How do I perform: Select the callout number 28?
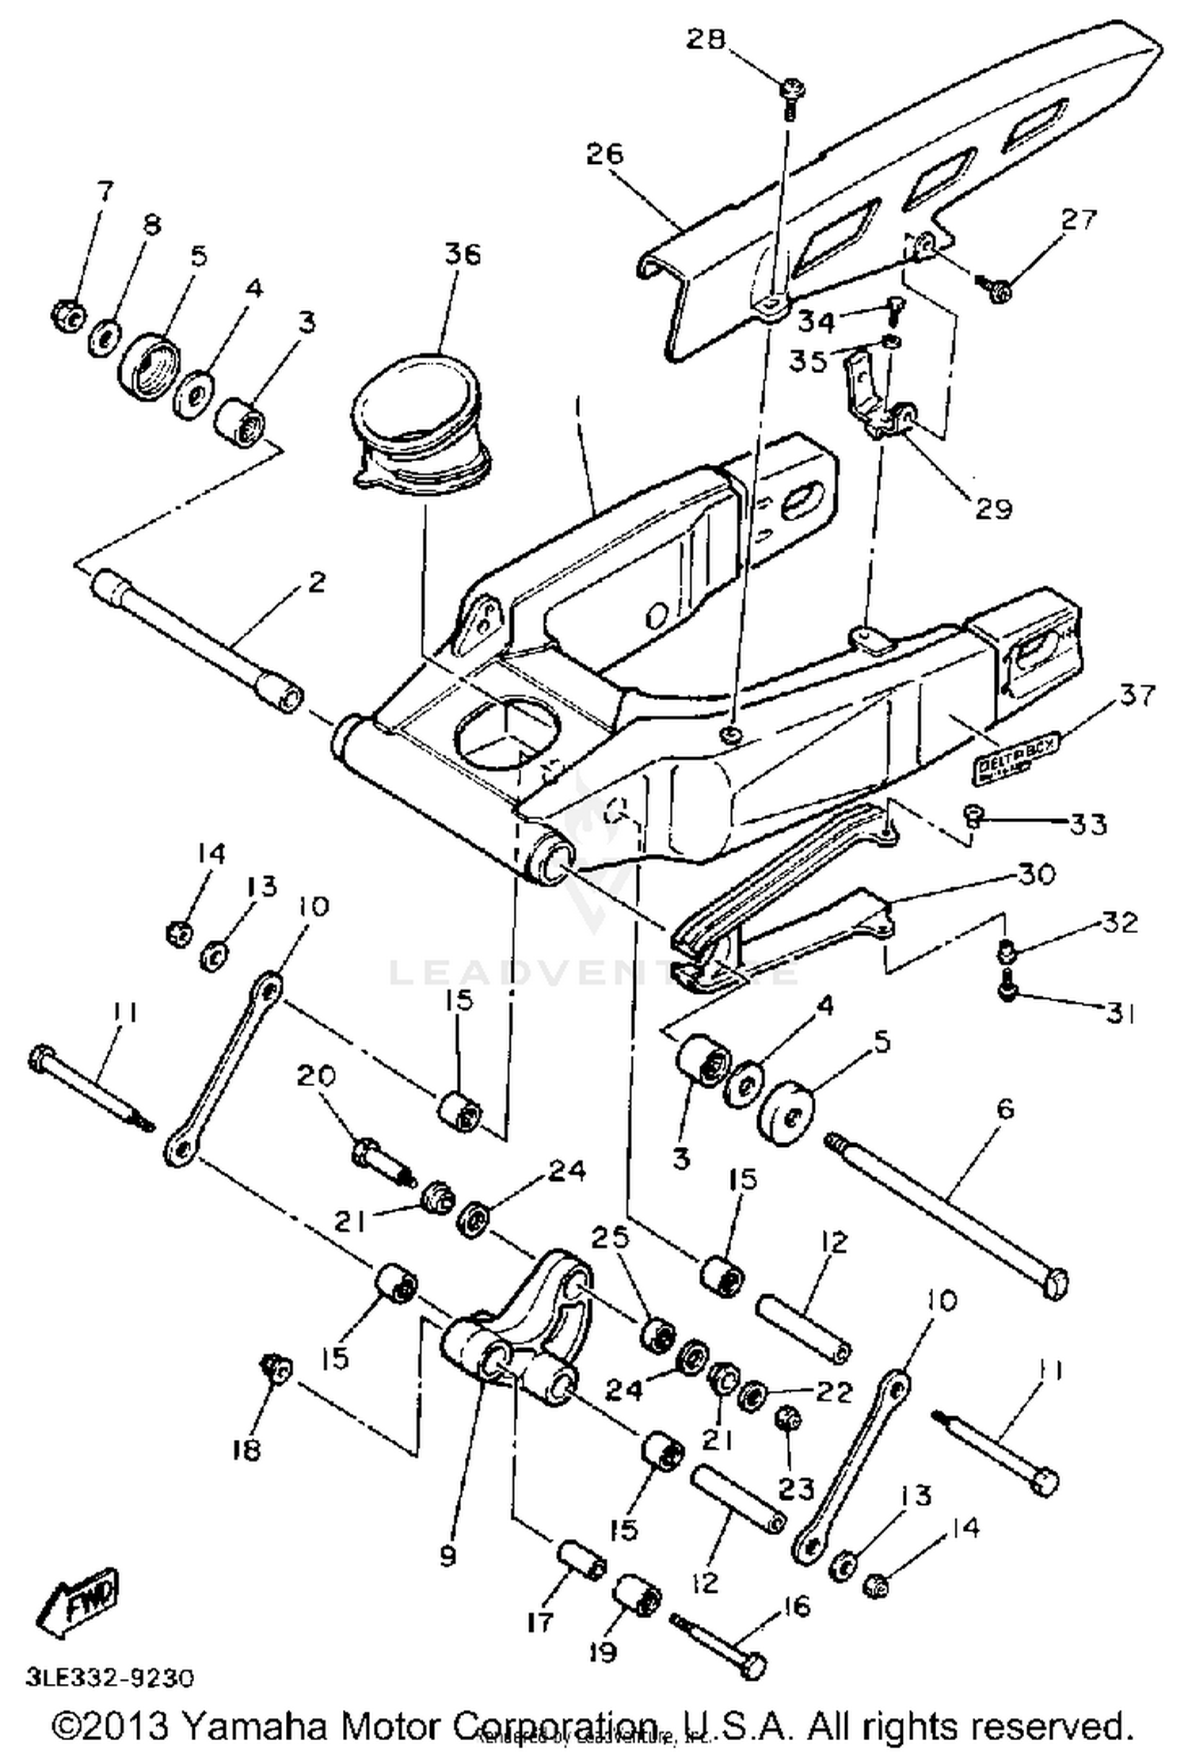[705, 39]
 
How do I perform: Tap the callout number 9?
[447, 1555]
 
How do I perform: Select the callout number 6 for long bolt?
[1004, 1109]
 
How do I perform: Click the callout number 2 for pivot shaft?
[316, 582]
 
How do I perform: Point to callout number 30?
[1036, 874]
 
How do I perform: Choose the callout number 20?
[316, 1076]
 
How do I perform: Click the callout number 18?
[247, 1449]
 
